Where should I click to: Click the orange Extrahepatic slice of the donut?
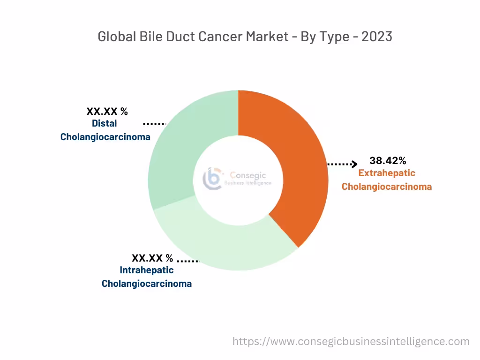tap(300, 164)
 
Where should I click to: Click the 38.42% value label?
tap(388, 160)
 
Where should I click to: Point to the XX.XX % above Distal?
tap(107, 112)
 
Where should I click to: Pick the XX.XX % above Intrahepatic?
tap(152, 258)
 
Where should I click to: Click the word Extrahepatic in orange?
tap(387, 173)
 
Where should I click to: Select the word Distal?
tap(105, 123)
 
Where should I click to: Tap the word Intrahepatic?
tap(147, 270)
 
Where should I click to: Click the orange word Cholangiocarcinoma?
tap(387, 187)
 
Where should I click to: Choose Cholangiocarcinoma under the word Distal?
tap(105, 137)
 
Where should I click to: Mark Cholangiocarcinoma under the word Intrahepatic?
tap(147, 284)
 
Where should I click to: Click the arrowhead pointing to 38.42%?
tap(354, 164)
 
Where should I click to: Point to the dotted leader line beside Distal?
tap(154, 124)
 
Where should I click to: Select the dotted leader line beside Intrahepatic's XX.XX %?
tap(188, 261)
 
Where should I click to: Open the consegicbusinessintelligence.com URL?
tap(351, 342)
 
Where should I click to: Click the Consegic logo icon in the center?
tap(212, 178)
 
